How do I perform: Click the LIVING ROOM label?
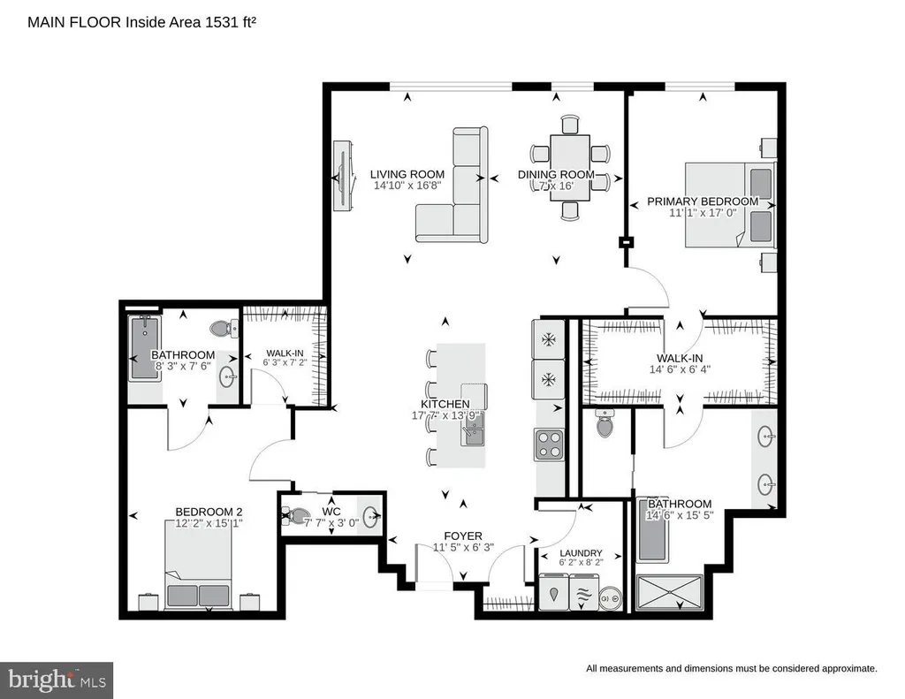coord(407,174)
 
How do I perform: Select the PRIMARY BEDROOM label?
coord(702,201)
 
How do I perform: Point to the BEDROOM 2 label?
coord(209,512)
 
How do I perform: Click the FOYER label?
coord(463,536)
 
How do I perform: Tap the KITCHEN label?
coord(445,404)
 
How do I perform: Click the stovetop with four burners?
coord(549,443)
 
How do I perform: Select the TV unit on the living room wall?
coord(342,174)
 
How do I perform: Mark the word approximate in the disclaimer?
coord(843,669)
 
